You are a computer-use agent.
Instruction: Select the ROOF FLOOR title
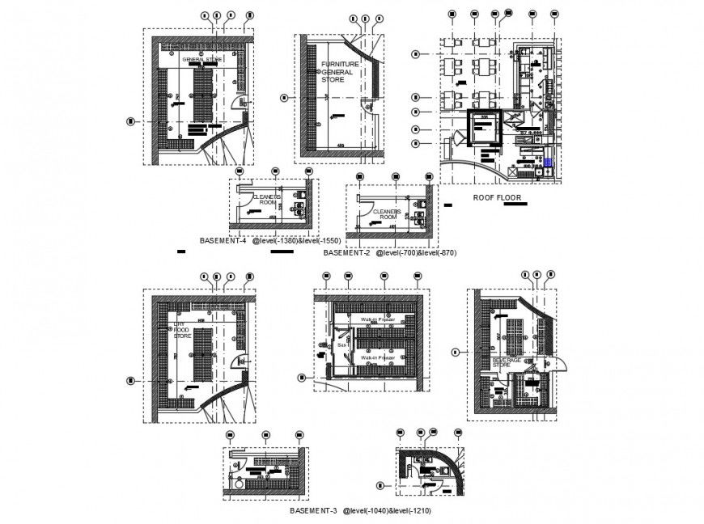[497, 197]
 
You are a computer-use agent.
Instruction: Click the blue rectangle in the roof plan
[549, 162]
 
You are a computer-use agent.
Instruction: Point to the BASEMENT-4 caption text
[222, 241]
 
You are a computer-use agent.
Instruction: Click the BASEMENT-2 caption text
[346, 253]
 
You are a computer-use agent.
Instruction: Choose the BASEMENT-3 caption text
[312, 512]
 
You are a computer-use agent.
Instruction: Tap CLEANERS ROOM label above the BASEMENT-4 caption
[265, 200]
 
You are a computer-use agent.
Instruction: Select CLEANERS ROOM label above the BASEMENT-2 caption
[386, 213]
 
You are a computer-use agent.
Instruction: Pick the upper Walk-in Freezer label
[378, 320]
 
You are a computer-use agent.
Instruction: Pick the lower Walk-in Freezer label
[378, 357]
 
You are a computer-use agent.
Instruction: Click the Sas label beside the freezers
[341, 344]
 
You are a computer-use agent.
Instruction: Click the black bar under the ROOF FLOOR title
[514, 205]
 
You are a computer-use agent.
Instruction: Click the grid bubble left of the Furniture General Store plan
[283, 98]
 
